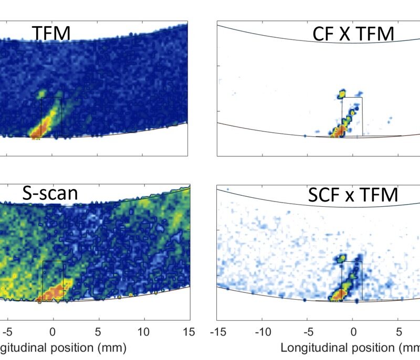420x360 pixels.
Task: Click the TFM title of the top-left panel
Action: (51, 34)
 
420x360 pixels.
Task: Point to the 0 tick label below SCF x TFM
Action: (353, 332)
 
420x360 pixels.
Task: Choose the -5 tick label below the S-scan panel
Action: (6, 332)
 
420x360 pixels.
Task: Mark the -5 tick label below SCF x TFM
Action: (308, 332)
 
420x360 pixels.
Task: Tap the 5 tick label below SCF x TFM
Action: (398, 332)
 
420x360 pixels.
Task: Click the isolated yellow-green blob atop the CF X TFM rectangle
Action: (342, 94)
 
